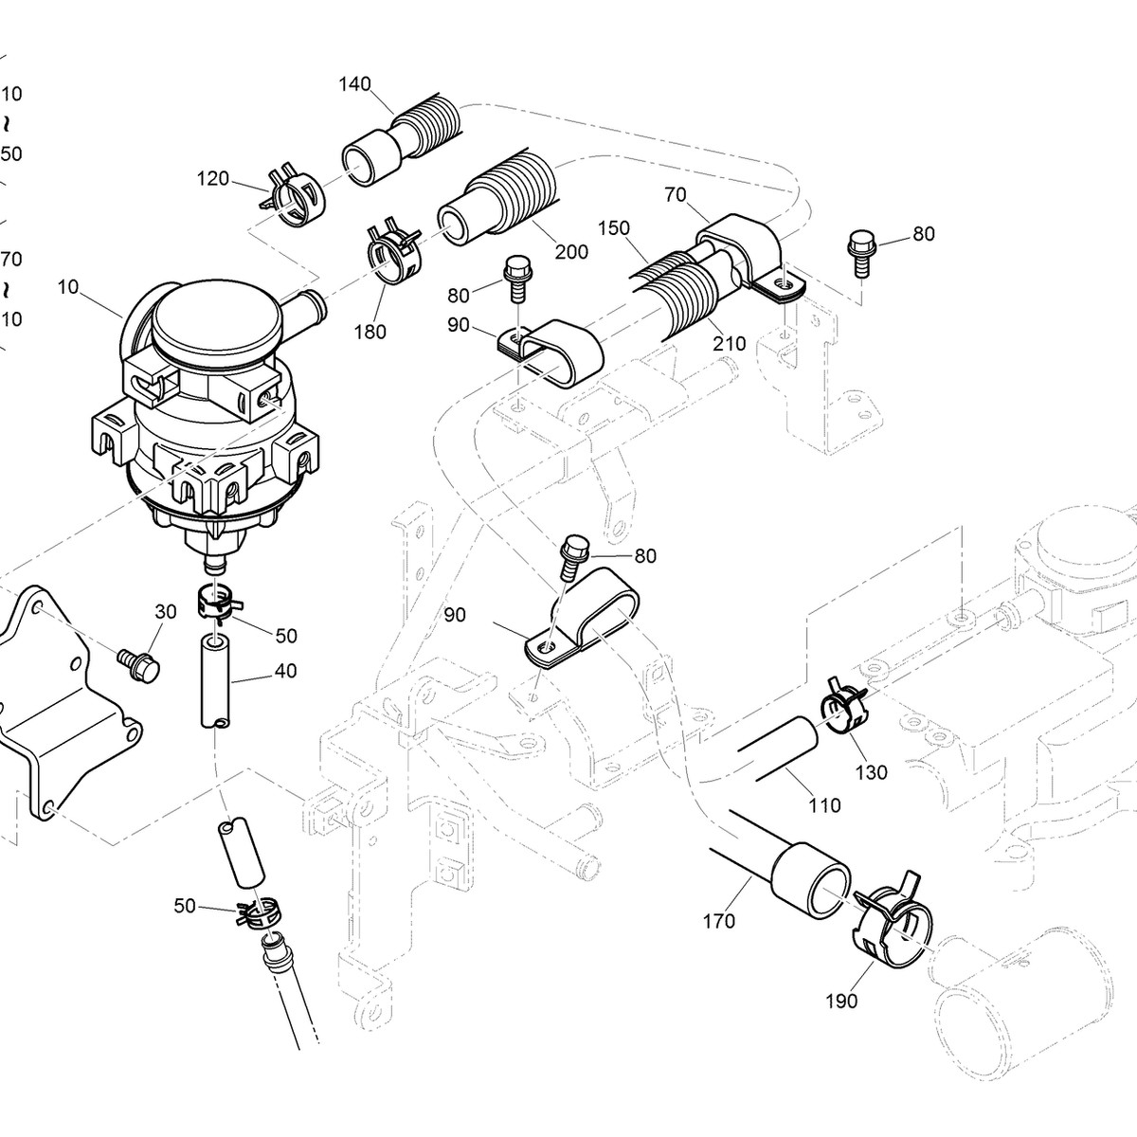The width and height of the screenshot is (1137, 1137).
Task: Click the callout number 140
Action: (x=354, y=84)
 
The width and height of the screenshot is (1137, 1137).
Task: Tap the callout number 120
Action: (x=213, y=178)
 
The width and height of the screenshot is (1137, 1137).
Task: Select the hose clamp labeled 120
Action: (x=296, y=197)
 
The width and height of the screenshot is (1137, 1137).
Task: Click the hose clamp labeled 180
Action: (x=392, y=251)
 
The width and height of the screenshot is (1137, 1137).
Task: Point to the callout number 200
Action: (x=571, y=252)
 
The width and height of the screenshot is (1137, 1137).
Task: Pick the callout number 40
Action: (x=285, y=671)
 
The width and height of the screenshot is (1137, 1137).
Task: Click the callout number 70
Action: (x=676, y=195)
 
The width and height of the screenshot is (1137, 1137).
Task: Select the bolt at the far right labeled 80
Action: (x=862, y=249)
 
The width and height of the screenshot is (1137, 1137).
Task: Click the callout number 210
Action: (x=730, y=343)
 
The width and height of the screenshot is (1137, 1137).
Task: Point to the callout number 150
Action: (x=614, y=229)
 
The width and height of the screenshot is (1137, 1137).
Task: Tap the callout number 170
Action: (x=719, y=920)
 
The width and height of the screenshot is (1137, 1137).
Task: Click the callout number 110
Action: (x=824, y=805)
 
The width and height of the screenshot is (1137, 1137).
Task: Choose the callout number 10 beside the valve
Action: (x=68, y=286)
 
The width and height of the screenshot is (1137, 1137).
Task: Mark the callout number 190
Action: (x=841, y=1002)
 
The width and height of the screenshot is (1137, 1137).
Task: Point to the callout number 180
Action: (x=370, y=332)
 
